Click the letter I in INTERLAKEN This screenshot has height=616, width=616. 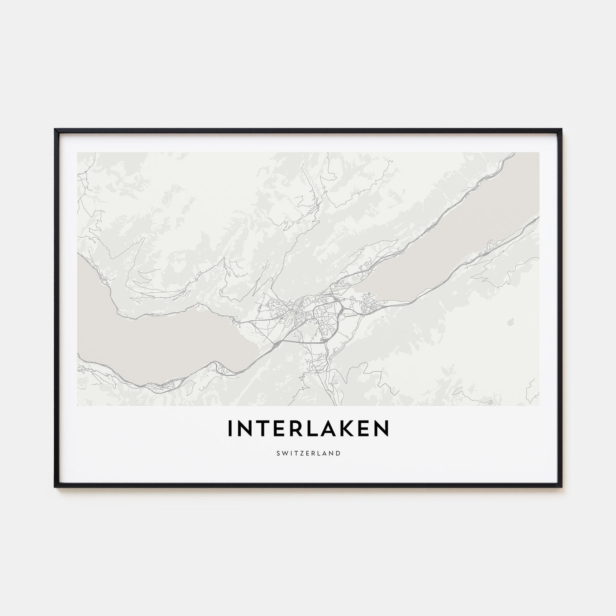click(x=229, y=428)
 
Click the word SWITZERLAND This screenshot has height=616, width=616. click(x=308, y=453)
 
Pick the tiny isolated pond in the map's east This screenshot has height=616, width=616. click(x=510, y=323)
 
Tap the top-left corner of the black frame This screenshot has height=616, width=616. click(x=55, y=130)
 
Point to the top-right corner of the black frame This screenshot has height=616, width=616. click(x=561, y=130)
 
